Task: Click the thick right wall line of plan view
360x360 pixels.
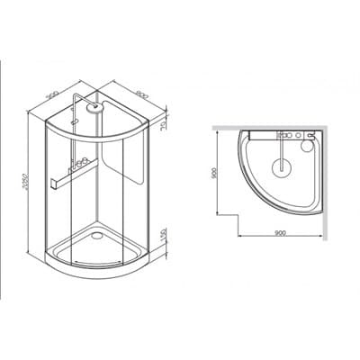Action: (321, 175)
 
